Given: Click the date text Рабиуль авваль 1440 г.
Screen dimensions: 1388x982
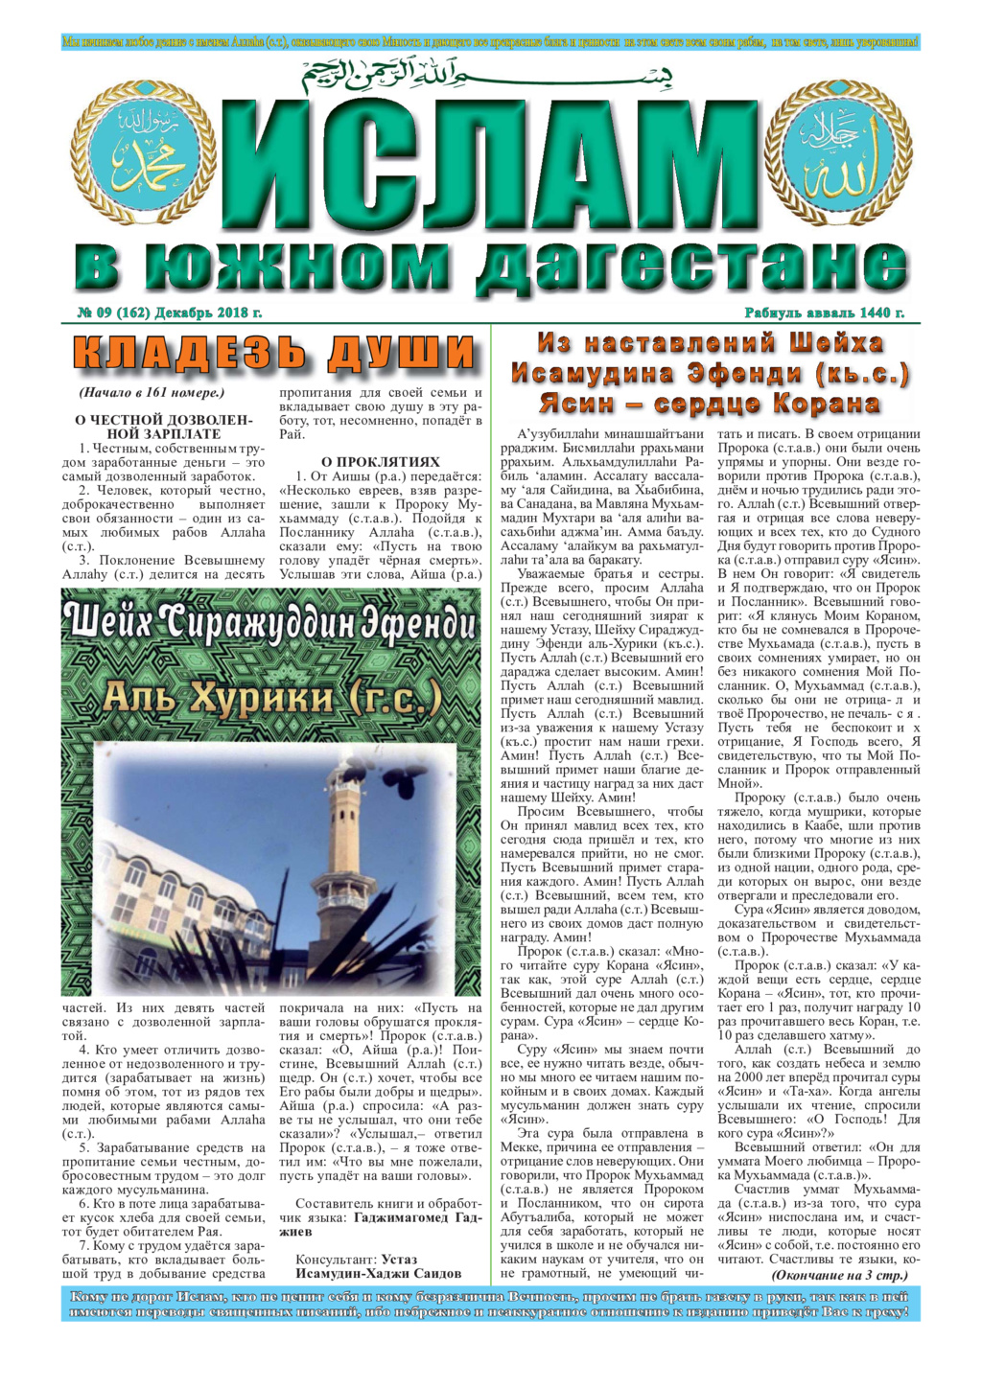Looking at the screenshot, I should coord(824,312).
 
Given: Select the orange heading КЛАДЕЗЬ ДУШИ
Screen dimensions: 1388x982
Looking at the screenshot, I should coord(274,354).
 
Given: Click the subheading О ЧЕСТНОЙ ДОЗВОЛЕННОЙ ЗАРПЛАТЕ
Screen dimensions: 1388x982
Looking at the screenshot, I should coord(164,427).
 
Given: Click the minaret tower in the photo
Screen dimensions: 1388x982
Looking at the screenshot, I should coord(339,844).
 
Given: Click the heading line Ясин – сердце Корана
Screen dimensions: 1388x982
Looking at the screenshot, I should coord(709,404).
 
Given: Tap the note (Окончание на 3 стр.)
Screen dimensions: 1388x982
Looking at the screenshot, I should coord(839,1276).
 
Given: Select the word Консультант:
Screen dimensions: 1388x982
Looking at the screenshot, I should coord(337,1260).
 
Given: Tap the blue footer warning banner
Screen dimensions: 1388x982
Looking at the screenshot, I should coord(490,1304).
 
